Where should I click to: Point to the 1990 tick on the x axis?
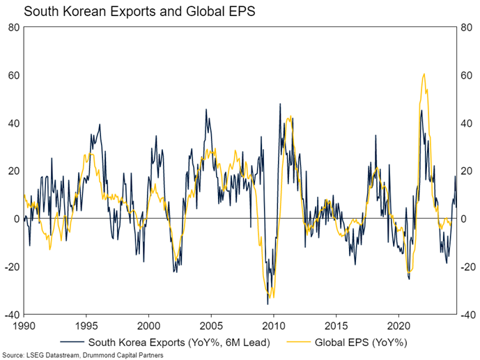tap(24, 324)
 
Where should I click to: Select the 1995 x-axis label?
tap(86, 324)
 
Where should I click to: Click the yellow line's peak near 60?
tap(424, 74)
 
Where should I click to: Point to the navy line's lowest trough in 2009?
tap(268, 304)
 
